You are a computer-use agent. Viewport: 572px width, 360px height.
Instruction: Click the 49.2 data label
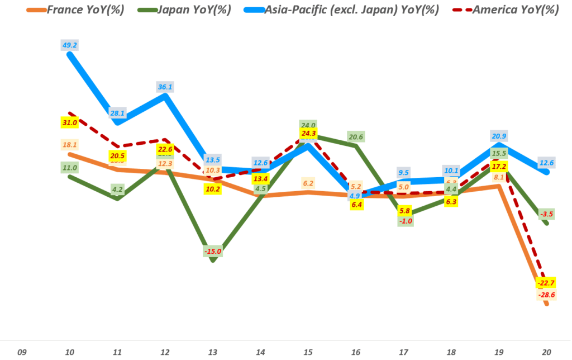pos(70,45)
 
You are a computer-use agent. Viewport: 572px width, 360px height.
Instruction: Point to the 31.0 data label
pos(70,122)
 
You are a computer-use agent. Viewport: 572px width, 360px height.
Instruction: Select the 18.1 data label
pos(70,145)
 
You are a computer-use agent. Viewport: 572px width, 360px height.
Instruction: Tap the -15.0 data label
pos(213,252)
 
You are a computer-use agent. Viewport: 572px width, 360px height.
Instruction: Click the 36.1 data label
pos(165,87)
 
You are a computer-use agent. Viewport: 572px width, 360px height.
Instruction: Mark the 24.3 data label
pos(308,134)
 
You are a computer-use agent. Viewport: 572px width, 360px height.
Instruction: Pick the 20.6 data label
pos(356,136)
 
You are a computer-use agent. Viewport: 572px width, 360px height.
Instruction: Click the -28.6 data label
pos(547,295)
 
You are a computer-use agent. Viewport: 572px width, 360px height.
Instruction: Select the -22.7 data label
pos(547,283)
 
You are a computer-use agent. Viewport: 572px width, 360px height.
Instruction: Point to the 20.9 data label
pos(499,136)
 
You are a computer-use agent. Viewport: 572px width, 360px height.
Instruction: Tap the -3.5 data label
pos(547,214)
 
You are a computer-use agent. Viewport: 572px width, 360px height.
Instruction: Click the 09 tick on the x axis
pos(22,352)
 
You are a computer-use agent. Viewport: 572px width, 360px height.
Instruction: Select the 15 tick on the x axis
pos(308,352)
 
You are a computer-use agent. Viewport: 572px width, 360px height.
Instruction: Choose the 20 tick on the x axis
pos(547,352)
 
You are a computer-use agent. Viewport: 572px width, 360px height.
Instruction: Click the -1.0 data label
pos(404,221)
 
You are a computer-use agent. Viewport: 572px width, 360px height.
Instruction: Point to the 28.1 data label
pos(117,113)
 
